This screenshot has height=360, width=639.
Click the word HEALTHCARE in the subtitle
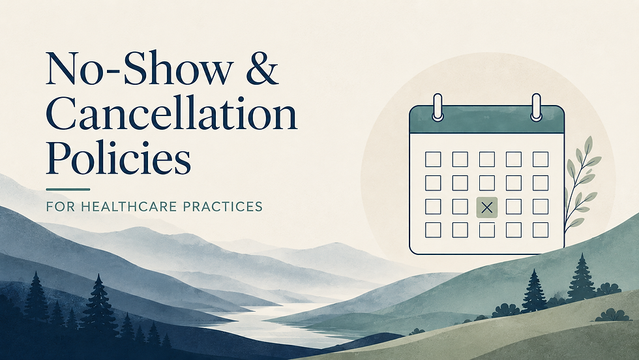pos(129,206)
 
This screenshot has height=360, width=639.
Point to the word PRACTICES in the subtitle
pos(222,206)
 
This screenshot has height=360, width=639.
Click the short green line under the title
pos(68,189)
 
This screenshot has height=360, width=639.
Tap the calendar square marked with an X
pos(486,207)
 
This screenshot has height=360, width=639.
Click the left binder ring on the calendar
pos(438,107)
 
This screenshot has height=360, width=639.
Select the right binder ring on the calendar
pos(536,107)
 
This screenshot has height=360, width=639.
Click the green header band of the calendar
pos(486,119)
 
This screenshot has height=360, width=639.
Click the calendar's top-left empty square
pos(433,159)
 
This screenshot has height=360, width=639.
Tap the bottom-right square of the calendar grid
pos(541,230)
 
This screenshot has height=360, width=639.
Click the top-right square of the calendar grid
pos(541,159)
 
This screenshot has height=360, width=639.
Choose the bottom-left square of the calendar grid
pos(433,230)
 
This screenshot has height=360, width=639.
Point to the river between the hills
pos(261,322)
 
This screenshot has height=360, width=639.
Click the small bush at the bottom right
pos(612,315)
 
